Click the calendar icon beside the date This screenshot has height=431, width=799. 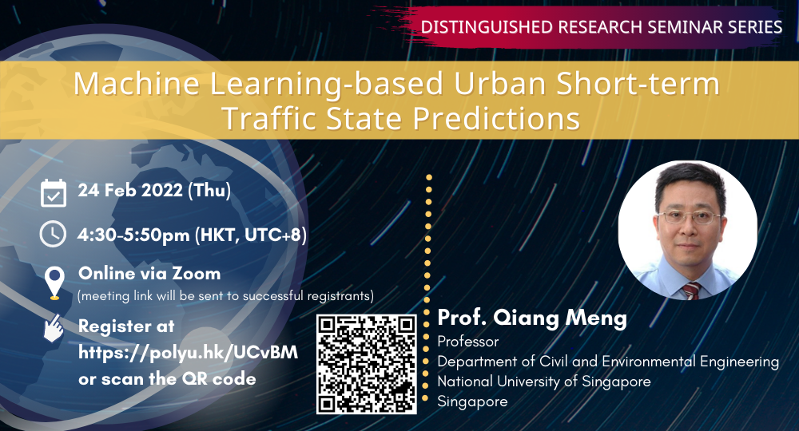coord(54,193)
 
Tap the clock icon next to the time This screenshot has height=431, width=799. coord(53,234)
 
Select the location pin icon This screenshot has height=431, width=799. coord(54,283)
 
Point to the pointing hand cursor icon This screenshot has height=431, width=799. coord(54,328)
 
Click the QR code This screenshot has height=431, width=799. coord(367,364)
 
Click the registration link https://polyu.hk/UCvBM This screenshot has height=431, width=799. coord(188,352)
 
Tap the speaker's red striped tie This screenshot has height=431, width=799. coord(691,291)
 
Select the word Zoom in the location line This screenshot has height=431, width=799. coord(197,273)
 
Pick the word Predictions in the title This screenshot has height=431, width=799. coord(496,118)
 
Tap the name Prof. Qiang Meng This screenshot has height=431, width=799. coord(532,318)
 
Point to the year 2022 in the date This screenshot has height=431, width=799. coord(161,190)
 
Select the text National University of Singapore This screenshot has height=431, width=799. coord(544,382)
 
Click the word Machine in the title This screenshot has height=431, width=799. coord(137,84)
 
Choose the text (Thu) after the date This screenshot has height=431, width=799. coord(209,190)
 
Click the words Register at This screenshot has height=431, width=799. coord(126,326)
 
